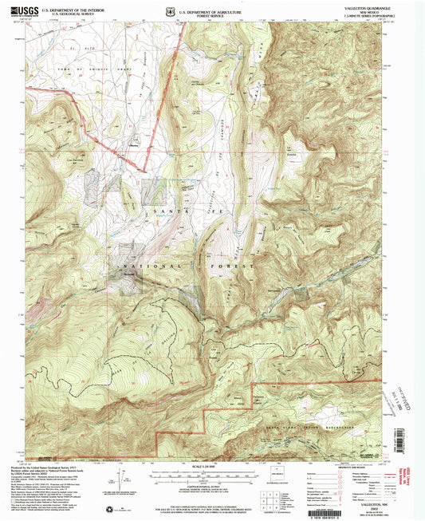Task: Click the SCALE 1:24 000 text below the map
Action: tap(211, 466)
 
